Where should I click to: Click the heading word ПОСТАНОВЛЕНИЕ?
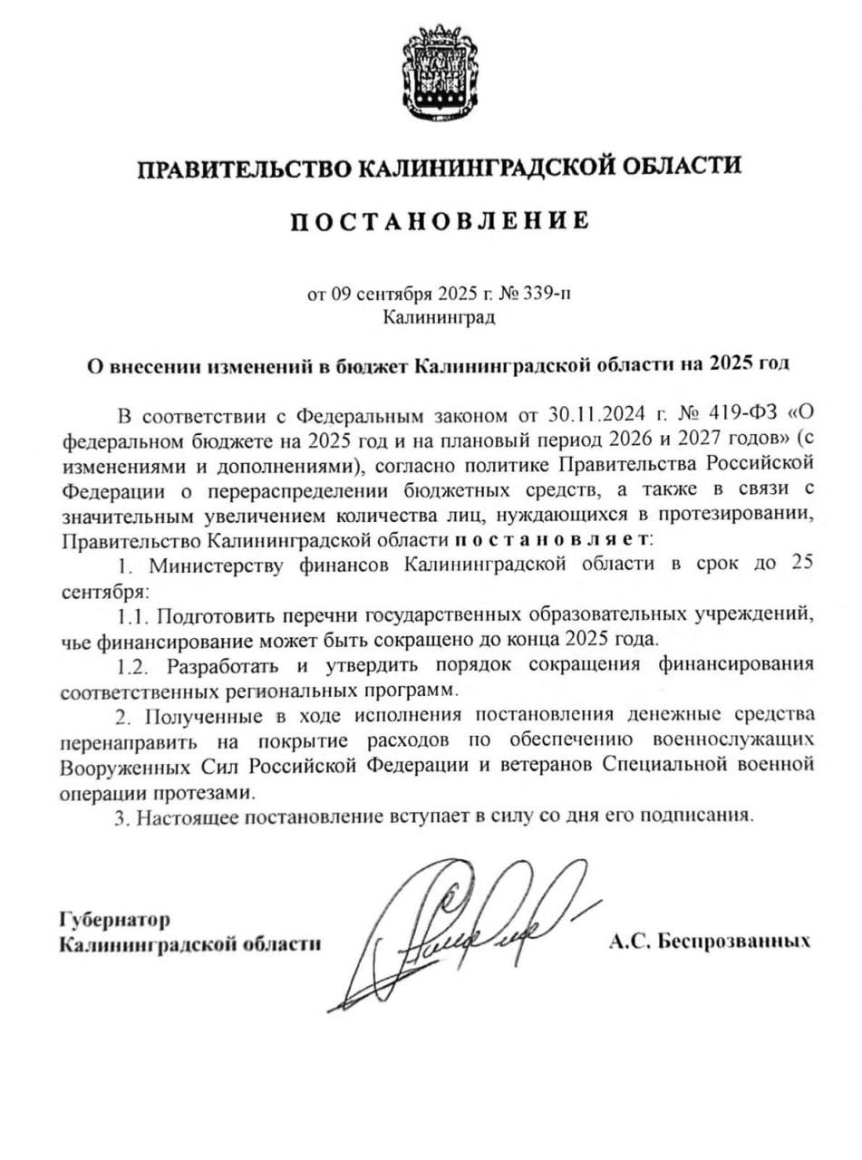(x=439, y=221)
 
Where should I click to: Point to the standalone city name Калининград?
(x=439, y=317)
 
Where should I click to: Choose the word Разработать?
(x=226, y=665)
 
